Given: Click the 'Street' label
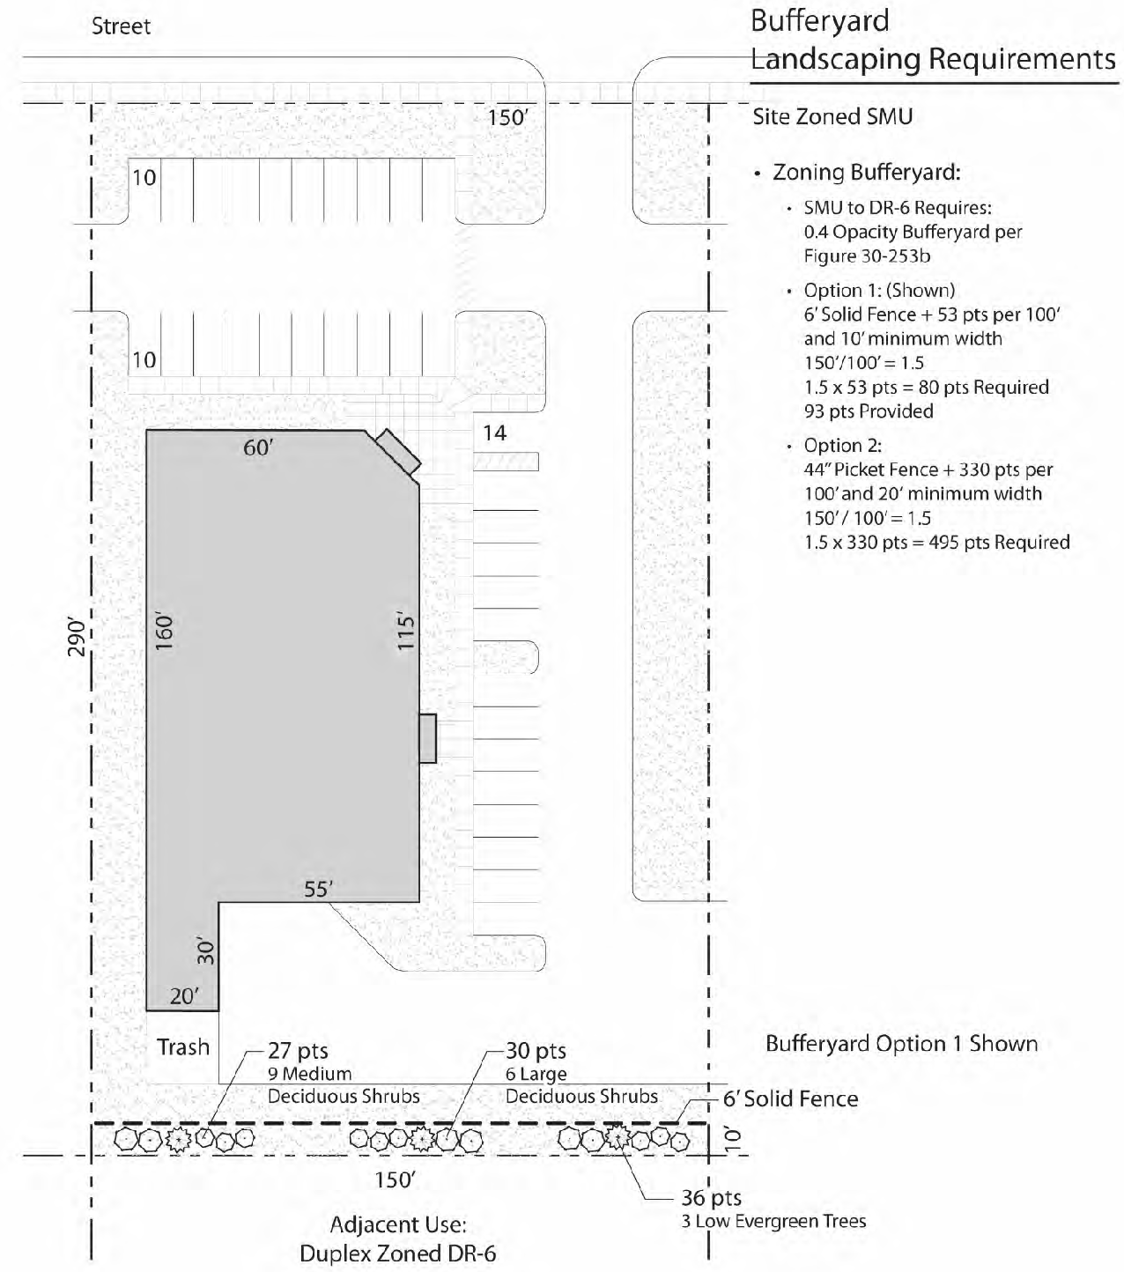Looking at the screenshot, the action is click(x=122, y=26).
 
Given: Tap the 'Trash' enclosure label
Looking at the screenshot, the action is click(x=182, y=1046).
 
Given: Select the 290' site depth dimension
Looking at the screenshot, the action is click(x=77, y=637).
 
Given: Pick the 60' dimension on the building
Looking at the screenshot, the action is click(x=258, y=447).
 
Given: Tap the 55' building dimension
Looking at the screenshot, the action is click(x=318, y=889).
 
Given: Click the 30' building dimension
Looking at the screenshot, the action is click(x=206, y=951).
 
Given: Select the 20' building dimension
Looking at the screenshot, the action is click(x=184, y=995).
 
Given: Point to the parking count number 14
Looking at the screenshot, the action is click(x=494, y=433).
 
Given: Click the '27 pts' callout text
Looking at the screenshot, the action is click(x=299, y=1051).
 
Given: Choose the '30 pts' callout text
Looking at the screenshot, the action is click(x=536, y=1051).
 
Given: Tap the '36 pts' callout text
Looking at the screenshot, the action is click(x=712, y=1198).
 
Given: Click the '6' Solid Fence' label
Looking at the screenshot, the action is click(x=790, y=1098).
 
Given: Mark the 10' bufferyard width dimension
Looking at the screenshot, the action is click(x=733, y=1137).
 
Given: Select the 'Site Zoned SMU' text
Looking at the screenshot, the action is click(x=832, y=117).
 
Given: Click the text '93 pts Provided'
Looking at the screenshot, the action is click(x=869, y=411).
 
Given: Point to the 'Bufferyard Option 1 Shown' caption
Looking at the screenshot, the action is click(x=902, y=1044).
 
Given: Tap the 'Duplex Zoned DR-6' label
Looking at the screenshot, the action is click(x=397, y=1254).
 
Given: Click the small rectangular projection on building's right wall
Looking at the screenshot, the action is click(x=427, y=738).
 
